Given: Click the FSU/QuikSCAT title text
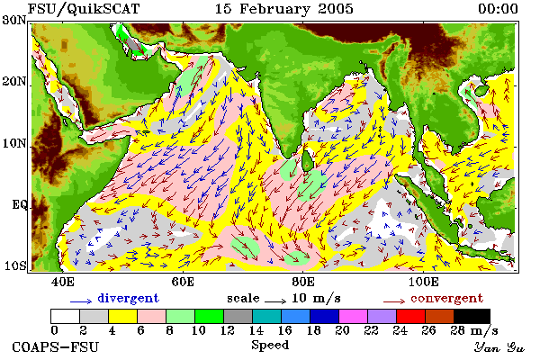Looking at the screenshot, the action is click(84, 9).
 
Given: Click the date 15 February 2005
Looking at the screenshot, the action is click(284, 9).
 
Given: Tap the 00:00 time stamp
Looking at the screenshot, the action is click(498, 9).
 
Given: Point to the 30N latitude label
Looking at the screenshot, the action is click(14, 20).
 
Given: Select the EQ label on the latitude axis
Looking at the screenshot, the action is click(19, 205).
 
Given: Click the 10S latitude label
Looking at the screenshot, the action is click(15, 266).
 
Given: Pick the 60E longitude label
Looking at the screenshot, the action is click(183, 282).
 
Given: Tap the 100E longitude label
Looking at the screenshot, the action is click(424, 282).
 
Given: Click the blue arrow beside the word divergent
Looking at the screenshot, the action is click(81, 301).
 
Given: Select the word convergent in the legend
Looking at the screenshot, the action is click(447, 298).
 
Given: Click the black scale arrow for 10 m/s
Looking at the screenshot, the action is click(275, 301).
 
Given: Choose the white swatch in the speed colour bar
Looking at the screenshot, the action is click(65, 316).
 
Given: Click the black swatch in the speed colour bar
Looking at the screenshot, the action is click(472, 316).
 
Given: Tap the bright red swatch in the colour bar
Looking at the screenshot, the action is click(410, 316).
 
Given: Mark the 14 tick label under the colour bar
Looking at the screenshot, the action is click(256, 330).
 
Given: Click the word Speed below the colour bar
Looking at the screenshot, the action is click(270, 345).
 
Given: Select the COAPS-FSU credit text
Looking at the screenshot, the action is click(56, 346).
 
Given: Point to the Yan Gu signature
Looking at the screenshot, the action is click(499, 347).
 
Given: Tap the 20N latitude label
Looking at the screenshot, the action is click(14, 82).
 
